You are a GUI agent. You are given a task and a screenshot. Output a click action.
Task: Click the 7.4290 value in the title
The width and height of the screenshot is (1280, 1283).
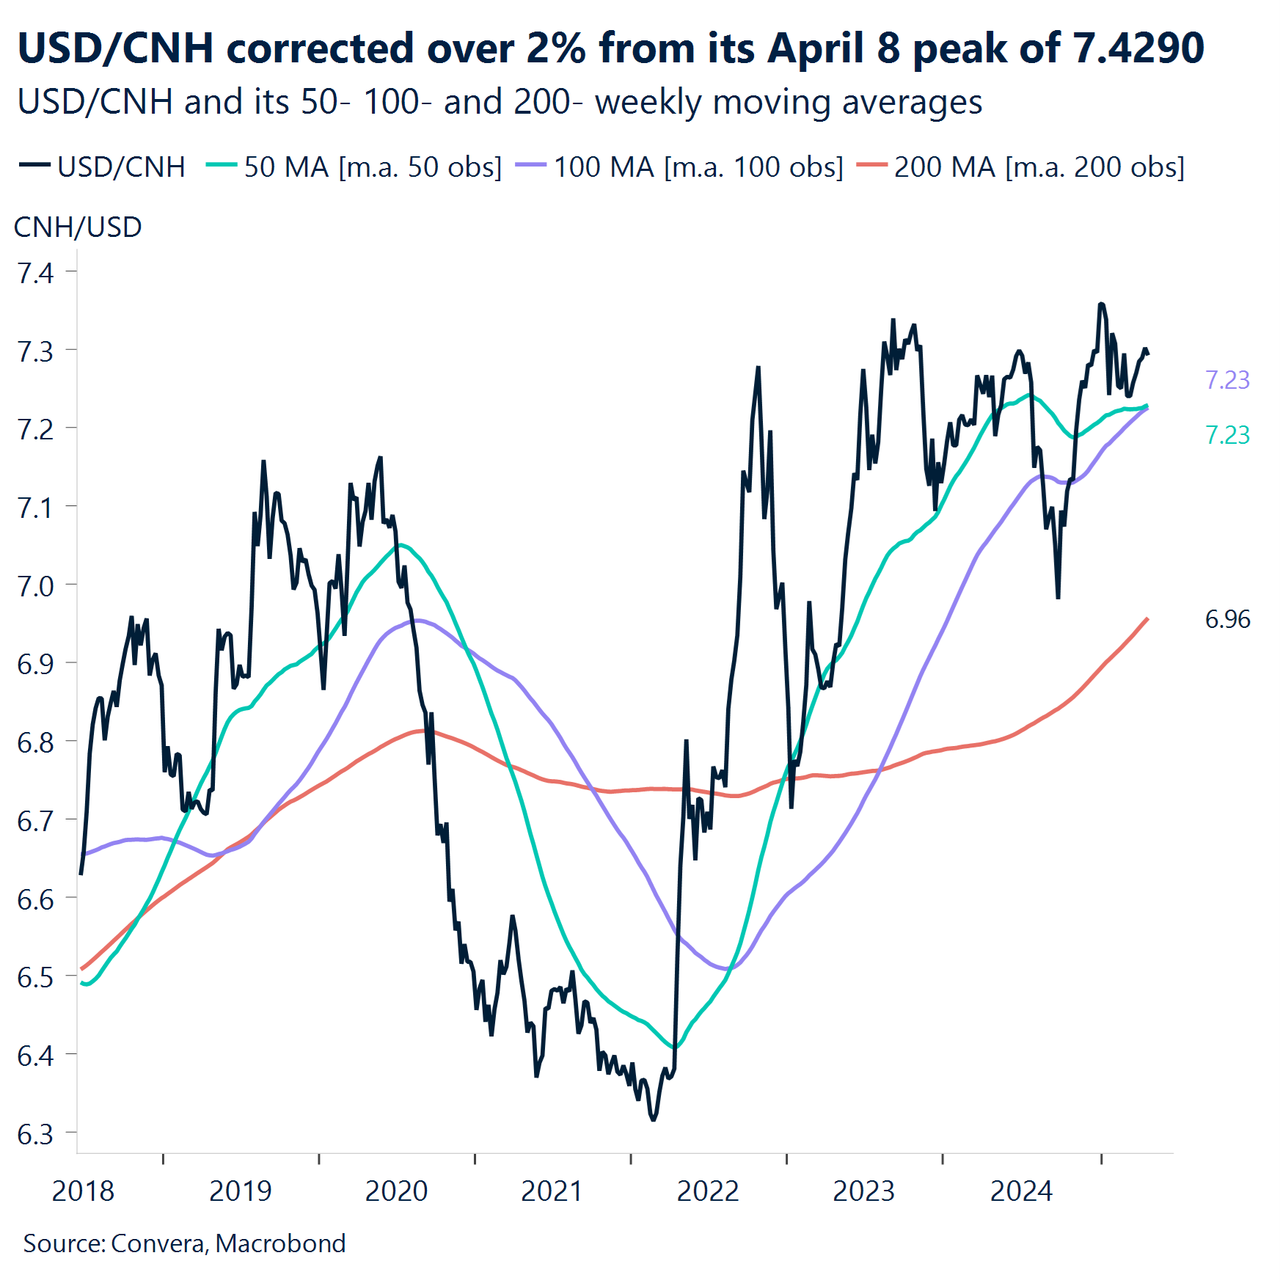point(1138,48)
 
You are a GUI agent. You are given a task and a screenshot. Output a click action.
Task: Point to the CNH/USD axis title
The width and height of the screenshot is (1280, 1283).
point(78,227)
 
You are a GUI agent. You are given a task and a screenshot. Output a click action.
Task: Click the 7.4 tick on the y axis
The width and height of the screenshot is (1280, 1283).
point(35,273)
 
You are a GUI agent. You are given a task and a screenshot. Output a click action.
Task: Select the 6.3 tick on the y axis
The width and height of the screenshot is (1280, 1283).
point(35,1134)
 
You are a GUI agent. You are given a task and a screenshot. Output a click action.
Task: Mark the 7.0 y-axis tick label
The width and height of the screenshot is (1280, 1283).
point(35,586)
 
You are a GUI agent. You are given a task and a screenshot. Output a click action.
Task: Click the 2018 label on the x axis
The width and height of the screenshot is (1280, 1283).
point(83,1191)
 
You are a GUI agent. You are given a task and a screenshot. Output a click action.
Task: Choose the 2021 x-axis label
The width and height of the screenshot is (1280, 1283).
point(552,1191)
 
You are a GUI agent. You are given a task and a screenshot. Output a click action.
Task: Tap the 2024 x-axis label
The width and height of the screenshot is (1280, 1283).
point(1021,1191)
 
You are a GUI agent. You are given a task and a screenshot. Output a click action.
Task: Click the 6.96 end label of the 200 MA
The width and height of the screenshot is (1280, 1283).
point(1227,619)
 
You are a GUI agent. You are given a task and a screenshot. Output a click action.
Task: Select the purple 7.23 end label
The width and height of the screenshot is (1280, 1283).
point(1227,380)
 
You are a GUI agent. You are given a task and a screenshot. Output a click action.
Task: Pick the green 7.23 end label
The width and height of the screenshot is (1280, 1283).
point(1227,435)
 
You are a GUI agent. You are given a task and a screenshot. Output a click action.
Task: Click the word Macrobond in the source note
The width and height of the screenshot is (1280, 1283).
point(280,1243)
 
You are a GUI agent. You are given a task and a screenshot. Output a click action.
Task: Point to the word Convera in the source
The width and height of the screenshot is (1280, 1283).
point(158,1243)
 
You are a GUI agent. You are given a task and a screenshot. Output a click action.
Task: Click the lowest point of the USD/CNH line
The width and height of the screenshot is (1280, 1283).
point(653,1119)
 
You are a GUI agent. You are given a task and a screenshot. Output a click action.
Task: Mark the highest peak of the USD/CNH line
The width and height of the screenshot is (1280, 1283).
point(1101,304)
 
